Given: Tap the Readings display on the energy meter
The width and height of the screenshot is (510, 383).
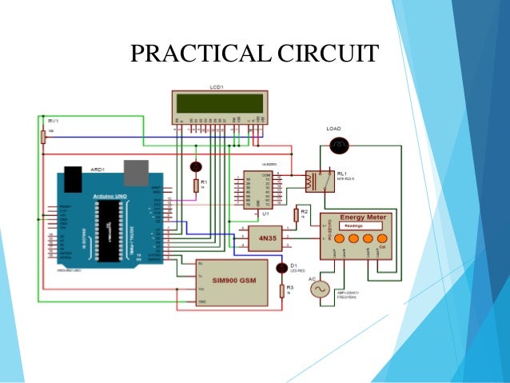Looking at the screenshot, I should (x=355, y=227).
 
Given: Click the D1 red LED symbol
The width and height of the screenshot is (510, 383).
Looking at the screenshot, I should (x=281, y=268).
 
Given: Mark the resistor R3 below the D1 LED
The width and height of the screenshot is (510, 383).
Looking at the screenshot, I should (x=281, y=290).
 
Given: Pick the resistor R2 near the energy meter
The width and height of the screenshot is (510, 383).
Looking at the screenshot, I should (x=297, y=214).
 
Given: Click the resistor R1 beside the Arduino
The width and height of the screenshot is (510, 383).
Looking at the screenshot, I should (x=196, y=186).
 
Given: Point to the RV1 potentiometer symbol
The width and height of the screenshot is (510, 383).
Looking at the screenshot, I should (x=42, y=137).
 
